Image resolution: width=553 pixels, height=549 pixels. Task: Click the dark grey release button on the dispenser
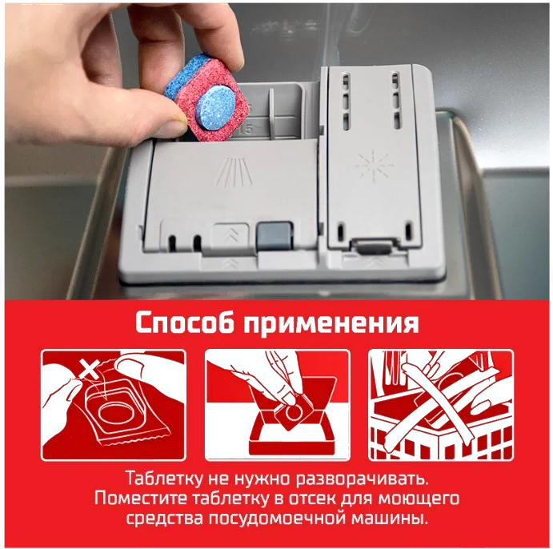coord(274,237)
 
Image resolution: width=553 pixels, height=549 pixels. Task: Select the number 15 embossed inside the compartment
coord(246,130)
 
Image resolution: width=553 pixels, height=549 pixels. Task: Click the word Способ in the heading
coord(184,323)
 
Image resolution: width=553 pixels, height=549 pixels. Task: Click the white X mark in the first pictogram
coord(92,368)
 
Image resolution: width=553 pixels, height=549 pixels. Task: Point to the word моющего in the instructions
coord(419,499)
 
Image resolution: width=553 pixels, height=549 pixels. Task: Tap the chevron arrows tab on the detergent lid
coord(230,234)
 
